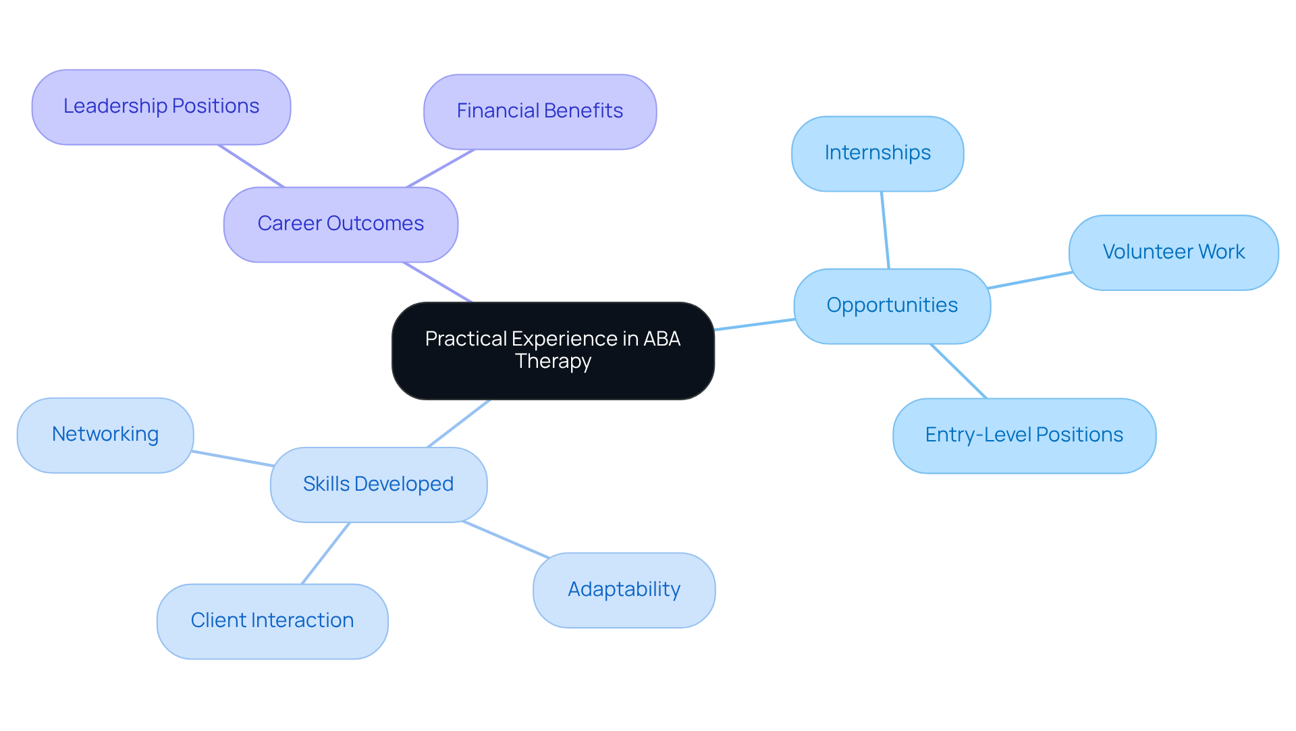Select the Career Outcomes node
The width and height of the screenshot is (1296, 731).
341,224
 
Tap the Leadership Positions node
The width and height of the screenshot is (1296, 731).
161,107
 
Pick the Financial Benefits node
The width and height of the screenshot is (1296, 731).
540,111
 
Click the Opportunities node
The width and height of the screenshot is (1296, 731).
892,306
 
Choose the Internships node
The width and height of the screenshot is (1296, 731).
878,153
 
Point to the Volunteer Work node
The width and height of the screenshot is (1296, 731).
1173,252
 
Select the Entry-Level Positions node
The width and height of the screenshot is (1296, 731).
1024,435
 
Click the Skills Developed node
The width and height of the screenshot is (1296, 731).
378,485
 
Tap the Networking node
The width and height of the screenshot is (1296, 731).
105,435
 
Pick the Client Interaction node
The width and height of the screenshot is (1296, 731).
272,621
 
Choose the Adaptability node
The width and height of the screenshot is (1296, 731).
624,590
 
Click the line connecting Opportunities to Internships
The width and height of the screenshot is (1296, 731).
885,230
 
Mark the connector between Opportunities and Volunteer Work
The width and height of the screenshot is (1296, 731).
1030,280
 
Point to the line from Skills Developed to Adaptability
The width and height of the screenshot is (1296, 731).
506,539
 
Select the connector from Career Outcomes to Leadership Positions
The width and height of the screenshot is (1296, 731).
251,166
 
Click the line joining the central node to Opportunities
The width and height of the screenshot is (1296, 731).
755,325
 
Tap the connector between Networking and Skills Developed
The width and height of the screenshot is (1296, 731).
233,458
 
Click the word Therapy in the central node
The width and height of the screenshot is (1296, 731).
553,362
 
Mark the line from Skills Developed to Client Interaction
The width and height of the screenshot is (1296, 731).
326,553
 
